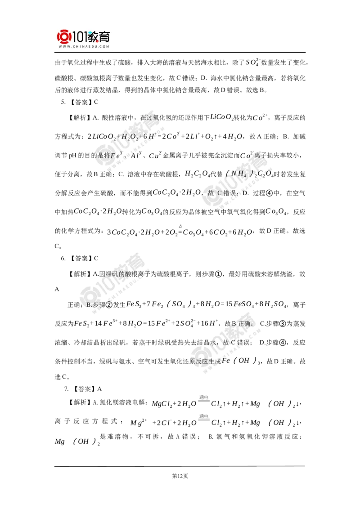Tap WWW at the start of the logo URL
tap(63, 46)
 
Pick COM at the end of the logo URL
tap(105, 46)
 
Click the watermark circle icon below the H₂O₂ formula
tap(104, 153)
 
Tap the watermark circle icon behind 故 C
tap(212, 197)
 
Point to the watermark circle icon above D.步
tap(89, 293)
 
